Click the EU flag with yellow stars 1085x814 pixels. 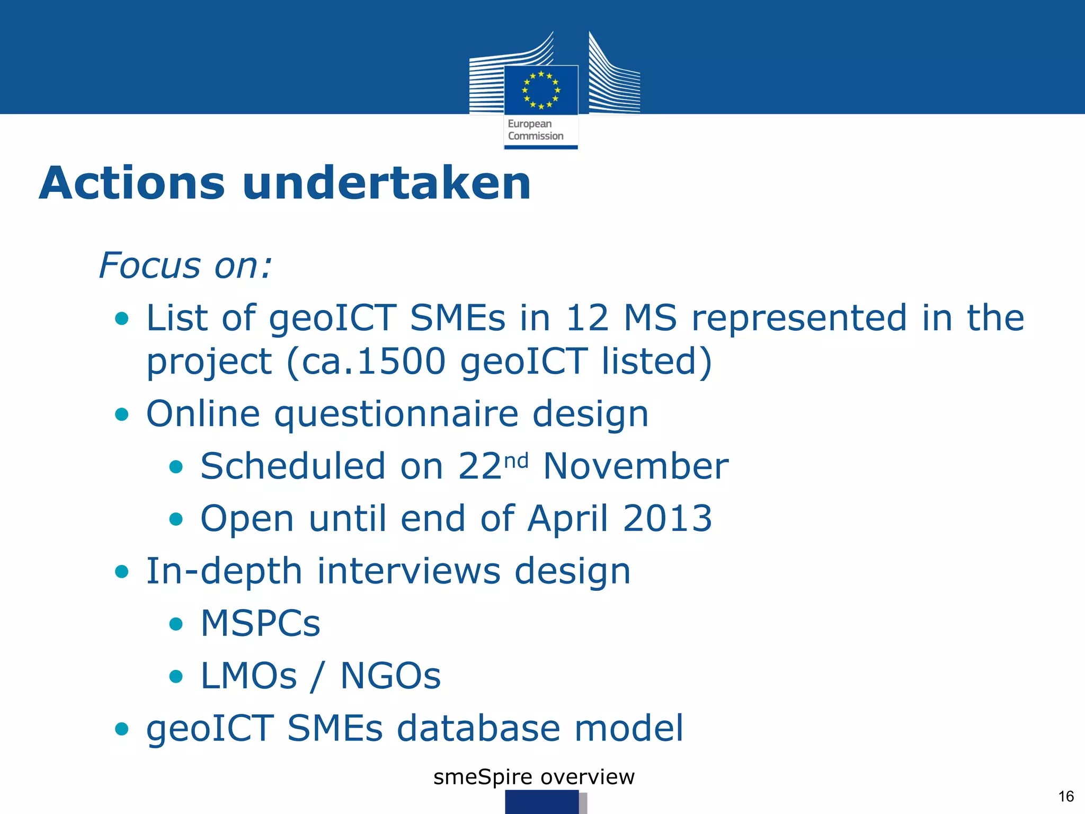pyautogui.click(x=541, y=90)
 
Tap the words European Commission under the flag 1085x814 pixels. pyautogui.click(x=535, y=130)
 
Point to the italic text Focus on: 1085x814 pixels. pyautogui.click(x=185, y=265)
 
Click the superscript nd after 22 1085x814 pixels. pyautogui.click(x=515, y=461)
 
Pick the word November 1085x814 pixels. pyautogui.click(x=636, y=466)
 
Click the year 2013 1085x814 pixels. pyautogui.click(x=668, y=518)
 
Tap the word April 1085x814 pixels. pyautogui.click(x=567, y=518)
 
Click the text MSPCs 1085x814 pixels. pyautogui.click(x=260, y=623)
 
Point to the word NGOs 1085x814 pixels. pyautogui.click(x=390, y=676)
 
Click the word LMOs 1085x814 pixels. pyautogui.click(x=248, y=676)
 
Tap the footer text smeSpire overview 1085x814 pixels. pyautogui.click(x=533, y=777)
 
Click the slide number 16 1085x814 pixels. pyautogui.click(x=1065, y=796)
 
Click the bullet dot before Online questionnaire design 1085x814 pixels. pyautogui.click(x=122, y=414)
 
